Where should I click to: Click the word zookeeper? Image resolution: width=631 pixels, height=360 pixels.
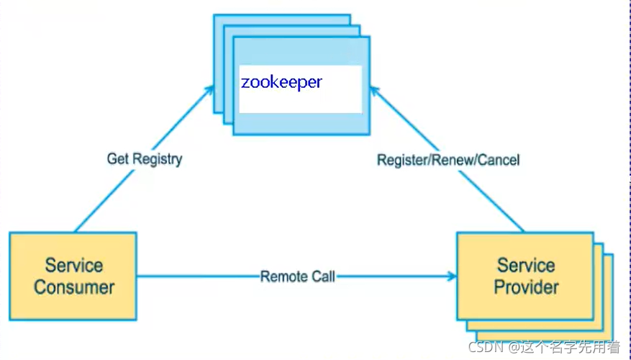tap(281, 82)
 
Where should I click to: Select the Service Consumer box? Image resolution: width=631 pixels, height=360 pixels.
tap(73, 276)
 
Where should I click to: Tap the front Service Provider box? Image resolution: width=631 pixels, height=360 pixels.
tap(525, 276)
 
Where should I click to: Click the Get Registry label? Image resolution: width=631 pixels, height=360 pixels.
tap(145, 158)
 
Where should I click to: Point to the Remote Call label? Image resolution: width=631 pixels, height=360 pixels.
tap(298, 276)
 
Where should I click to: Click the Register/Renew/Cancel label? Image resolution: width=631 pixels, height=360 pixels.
tap(448, 159)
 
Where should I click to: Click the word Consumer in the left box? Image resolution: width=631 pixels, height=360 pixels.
tap(74, 287)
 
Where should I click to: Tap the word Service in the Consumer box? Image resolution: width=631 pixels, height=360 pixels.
tap(73, 265)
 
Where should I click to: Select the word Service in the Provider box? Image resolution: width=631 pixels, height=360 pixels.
tap(525, 265)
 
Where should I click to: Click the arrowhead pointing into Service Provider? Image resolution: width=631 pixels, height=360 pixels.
tap(451, 276)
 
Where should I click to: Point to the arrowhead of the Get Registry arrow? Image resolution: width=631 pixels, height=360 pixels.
tap(210, 89)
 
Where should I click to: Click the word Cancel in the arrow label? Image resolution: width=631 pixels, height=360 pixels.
tap(499, 159)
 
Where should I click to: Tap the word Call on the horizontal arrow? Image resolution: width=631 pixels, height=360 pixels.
tap(323, 276)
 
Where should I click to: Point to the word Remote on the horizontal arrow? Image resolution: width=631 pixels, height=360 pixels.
tap(283, 276)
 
